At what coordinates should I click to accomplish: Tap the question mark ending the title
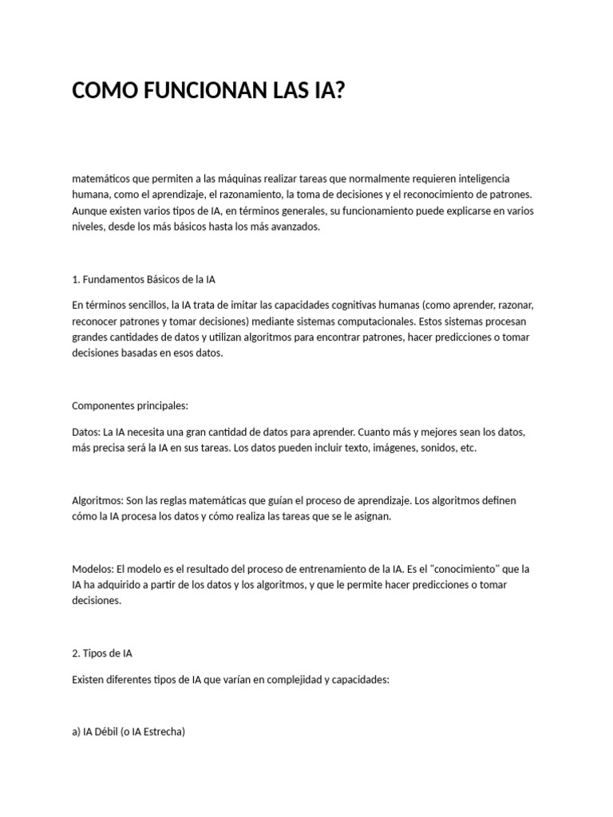click(338, 91)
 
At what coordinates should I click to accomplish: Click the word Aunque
click(89, 211)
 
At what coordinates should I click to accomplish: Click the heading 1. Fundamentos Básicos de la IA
click(144, 279)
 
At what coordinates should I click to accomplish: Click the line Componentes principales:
click(129, 405)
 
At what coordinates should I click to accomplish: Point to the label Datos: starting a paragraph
click(86, 432)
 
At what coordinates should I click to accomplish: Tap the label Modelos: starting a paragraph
click(93, 569)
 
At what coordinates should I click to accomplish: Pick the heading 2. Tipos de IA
click(102, 653)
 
